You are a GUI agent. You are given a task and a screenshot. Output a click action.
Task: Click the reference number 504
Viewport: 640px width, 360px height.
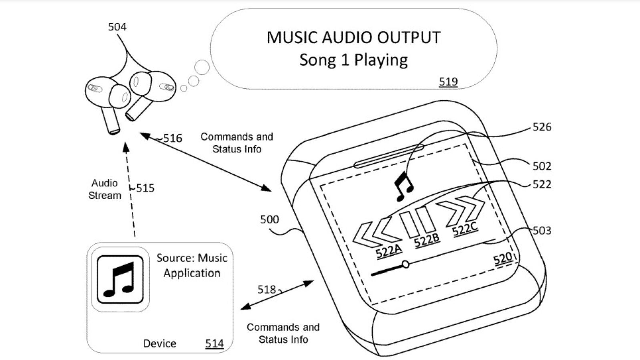[117, 27]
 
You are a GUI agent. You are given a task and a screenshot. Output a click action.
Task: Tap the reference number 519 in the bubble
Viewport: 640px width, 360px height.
[448, 82]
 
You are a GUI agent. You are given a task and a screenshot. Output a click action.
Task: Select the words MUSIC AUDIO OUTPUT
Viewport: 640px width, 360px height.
[353, 38]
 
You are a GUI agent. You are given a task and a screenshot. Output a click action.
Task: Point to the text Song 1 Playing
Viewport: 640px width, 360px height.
[353, 60]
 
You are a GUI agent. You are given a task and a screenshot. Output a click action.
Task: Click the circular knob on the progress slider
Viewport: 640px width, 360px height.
[406, 264]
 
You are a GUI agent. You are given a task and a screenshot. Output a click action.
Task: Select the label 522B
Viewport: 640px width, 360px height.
[427, 240]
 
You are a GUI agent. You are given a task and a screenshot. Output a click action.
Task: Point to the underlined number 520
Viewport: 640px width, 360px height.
[503, 259]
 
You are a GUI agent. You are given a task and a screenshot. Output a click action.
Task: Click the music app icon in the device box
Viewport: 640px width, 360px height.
[120, 279]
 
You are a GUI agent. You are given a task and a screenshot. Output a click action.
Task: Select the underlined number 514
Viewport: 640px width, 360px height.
[214, 343]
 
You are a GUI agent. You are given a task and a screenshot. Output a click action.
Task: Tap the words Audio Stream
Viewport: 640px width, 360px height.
[104, 189]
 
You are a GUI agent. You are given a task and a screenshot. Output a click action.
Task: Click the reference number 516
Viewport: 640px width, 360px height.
[173, 138]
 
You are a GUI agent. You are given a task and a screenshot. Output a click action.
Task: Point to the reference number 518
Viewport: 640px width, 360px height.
[267, 289]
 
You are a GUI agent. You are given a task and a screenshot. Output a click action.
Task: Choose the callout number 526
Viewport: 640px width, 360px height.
[542, 127]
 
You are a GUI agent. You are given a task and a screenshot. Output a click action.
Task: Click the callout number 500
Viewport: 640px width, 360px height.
[269, 219]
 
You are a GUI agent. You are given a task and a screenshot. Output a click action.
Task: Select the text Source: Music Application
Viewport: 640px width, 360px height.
[192, 266]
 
